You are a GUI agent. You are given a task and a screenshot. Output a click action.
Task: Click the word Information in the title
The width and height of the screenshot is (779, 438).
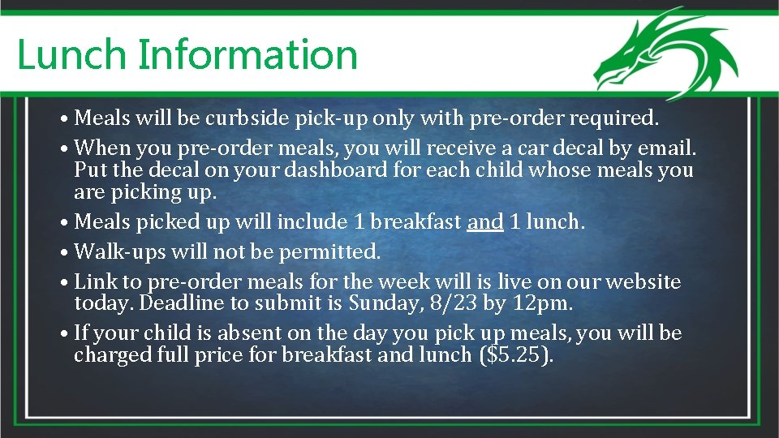tap(247, 55)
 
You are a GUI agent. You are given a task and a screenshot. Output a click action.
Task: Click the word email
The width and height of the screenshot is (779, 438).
tap(667, 148)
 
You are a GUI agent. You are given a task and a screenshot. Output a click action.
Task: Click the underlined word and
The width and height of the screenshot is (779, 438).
tap(485, 221)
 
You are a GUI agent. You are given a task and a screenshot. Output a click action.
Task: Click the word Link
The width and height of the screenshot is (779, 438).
tap(94, 281)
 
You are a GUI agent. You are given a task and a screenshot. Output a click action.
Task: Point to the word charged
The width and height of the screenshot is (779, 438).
tap(111, 355)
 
